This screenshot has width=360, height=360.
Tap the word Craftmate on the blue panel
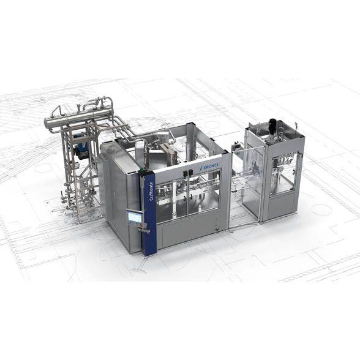151,192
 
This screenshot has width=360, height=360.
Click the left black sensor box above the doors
185,173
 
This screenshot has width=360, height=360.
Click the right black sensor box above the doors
190,172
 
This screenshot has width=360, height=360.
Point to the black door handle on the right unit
293,171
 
